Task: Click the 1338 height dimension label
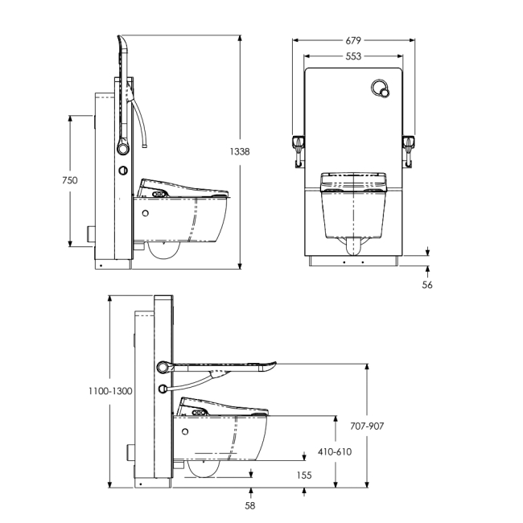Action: pyautogui.click(x=239, y=151)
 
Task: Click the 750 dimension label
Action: pyautogui.click(x=70, y=180)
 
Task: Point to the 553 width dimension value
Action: pyautogui.click(x=354, y=56)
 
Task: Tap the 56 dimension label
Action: pyautogui.click(x=427, y=284)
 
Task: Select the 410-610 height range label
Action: pyautogui.click(x=336, y=451)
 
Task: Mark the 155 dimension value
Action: pyautogui.click(x=303, y=475)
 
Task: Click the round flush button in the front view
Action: pyautogui.click(x=381, y=89)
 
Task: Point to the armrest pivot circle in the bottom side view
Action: pyautogui.click(x=164, y=367)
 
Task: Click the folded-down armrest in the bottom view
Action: pyautogui.click(x=225, y=368)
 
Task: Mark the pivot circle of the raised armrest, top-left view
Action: pyautogui.click(x=123, y=147)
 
